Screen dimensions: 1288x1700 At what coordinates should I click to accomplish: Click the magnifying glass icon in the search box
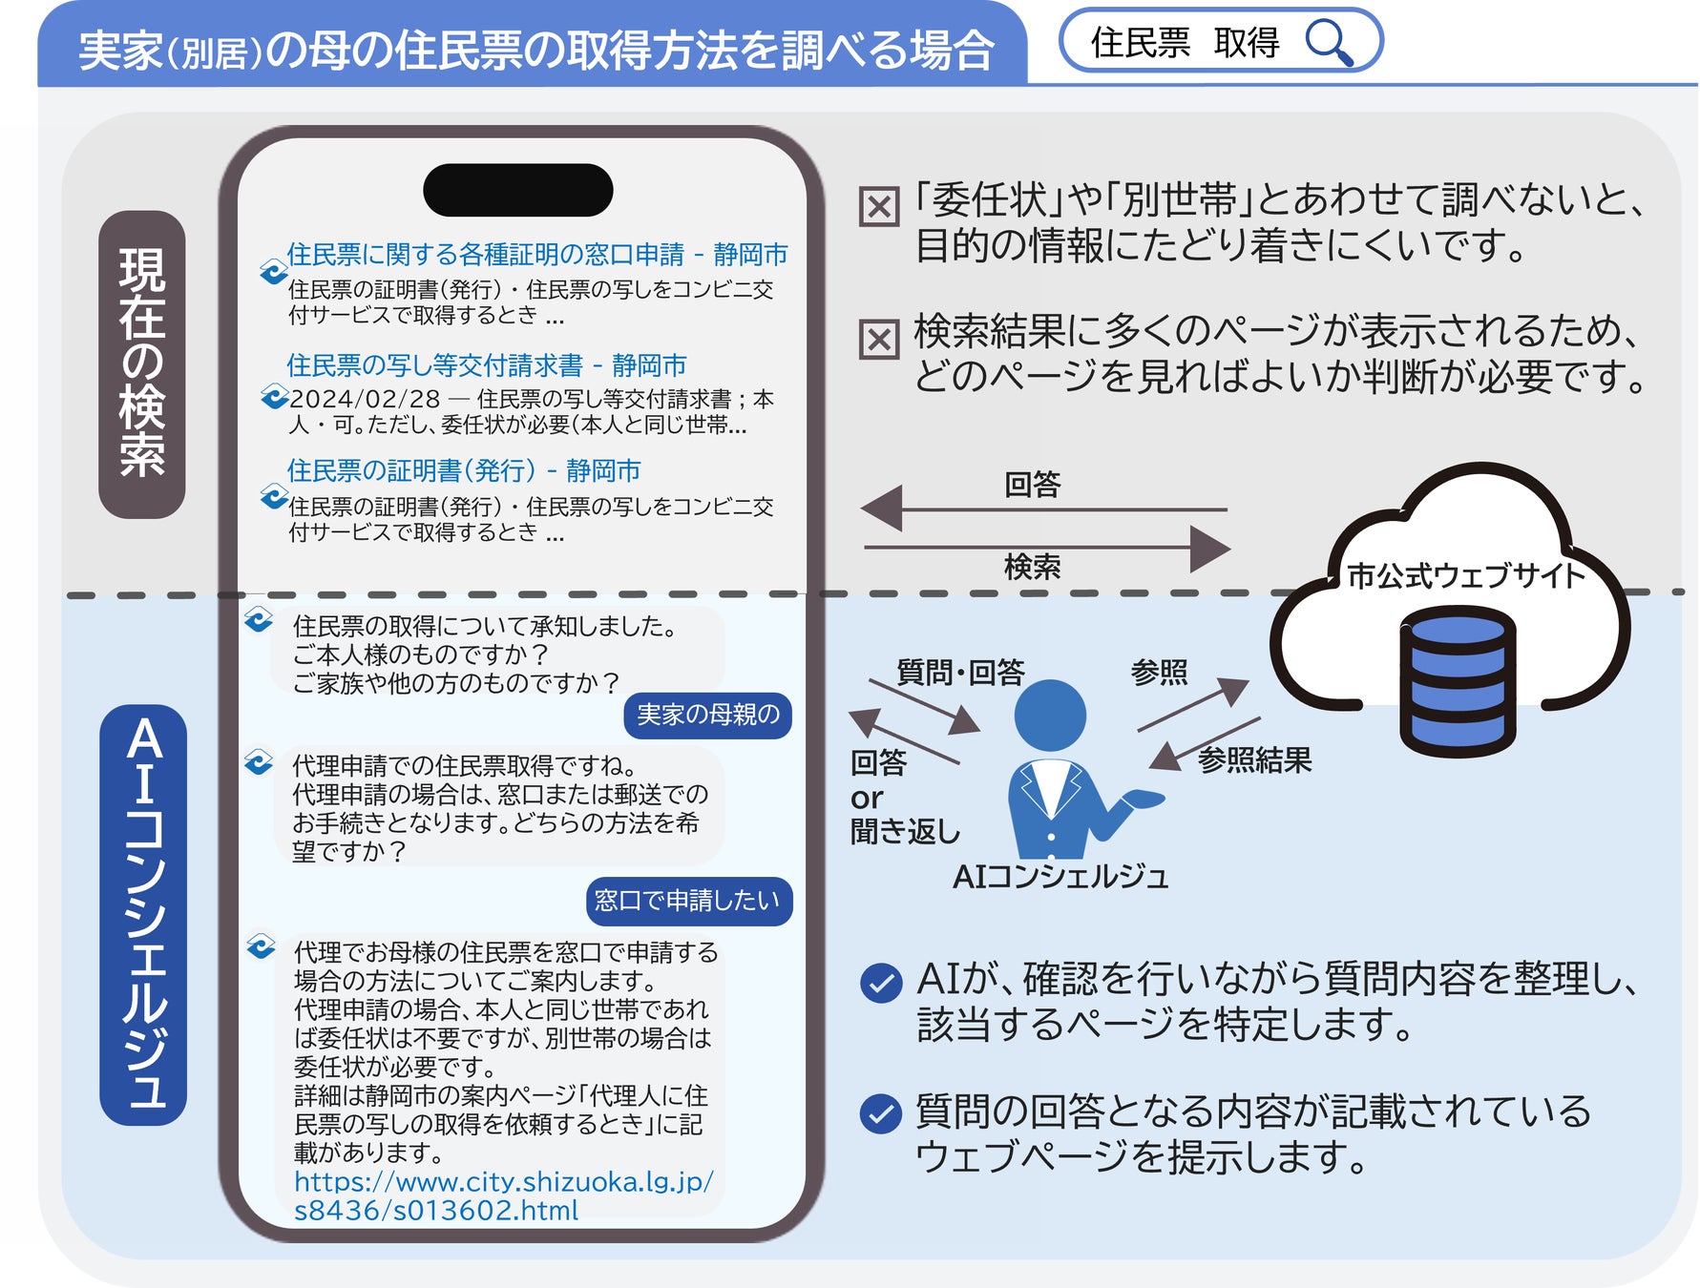click(x=1329, y=43)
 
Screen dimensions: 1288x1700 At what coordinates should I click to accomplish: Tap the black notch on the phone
click(x=517, y=190)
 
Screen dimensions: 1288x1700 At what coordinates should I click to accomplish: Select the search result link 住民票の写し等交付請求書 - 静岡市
click(x=486, y=365)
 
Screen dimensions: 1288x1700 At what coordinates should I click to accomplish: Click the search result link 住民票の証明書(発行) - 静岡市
click(x=463, y=470)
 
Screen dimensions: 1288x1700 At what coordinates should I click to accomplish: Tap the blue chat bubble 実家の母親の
click(x=707, y=715)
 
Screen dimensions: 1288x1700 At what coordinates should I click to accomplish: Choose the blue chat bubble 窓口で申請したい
click(x=688, y=901)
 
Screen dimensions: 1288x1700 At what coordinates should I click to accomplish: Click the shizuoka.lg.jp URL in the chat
click(x=503, y=1195)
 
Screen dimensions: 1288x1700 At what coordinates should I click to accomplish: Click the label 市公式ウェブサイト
click(x=1465, y=575)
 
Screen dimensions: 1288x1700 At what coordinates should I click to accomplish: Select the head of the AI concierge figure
click(x=1050, y=716)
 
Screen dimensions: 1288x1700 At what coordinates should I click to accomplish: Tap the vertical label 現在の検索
click(x=141, y=364)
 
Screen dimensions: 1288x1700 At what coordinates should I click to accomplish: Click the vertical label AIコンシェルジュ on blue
click(x=143, y=914)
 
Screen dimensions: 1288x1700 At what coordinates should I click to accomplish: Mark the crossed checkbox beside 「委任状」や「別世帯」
click(x=879, y=206)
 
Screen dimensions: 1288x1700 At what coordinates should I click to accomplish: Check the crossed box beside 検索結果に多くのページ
click(x=879, y=339)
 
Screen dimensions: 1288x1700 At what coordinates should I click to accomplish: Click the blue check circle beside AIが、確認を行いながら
click(x=880, y=984)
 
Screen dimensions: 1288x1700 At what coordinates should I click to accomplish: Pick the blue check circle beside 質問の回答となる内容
click(x=880, y=1113)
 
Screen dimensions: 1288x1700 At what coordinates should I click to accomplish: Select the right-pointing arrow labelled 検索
click(x=1046, y=549)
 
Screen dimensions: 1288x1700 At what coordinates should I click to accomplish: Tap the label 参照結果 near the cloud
click(x=1254, y=760)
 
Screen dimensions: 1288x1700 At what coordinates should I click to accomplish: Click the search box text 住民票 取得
click(x=1184, y=43)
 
